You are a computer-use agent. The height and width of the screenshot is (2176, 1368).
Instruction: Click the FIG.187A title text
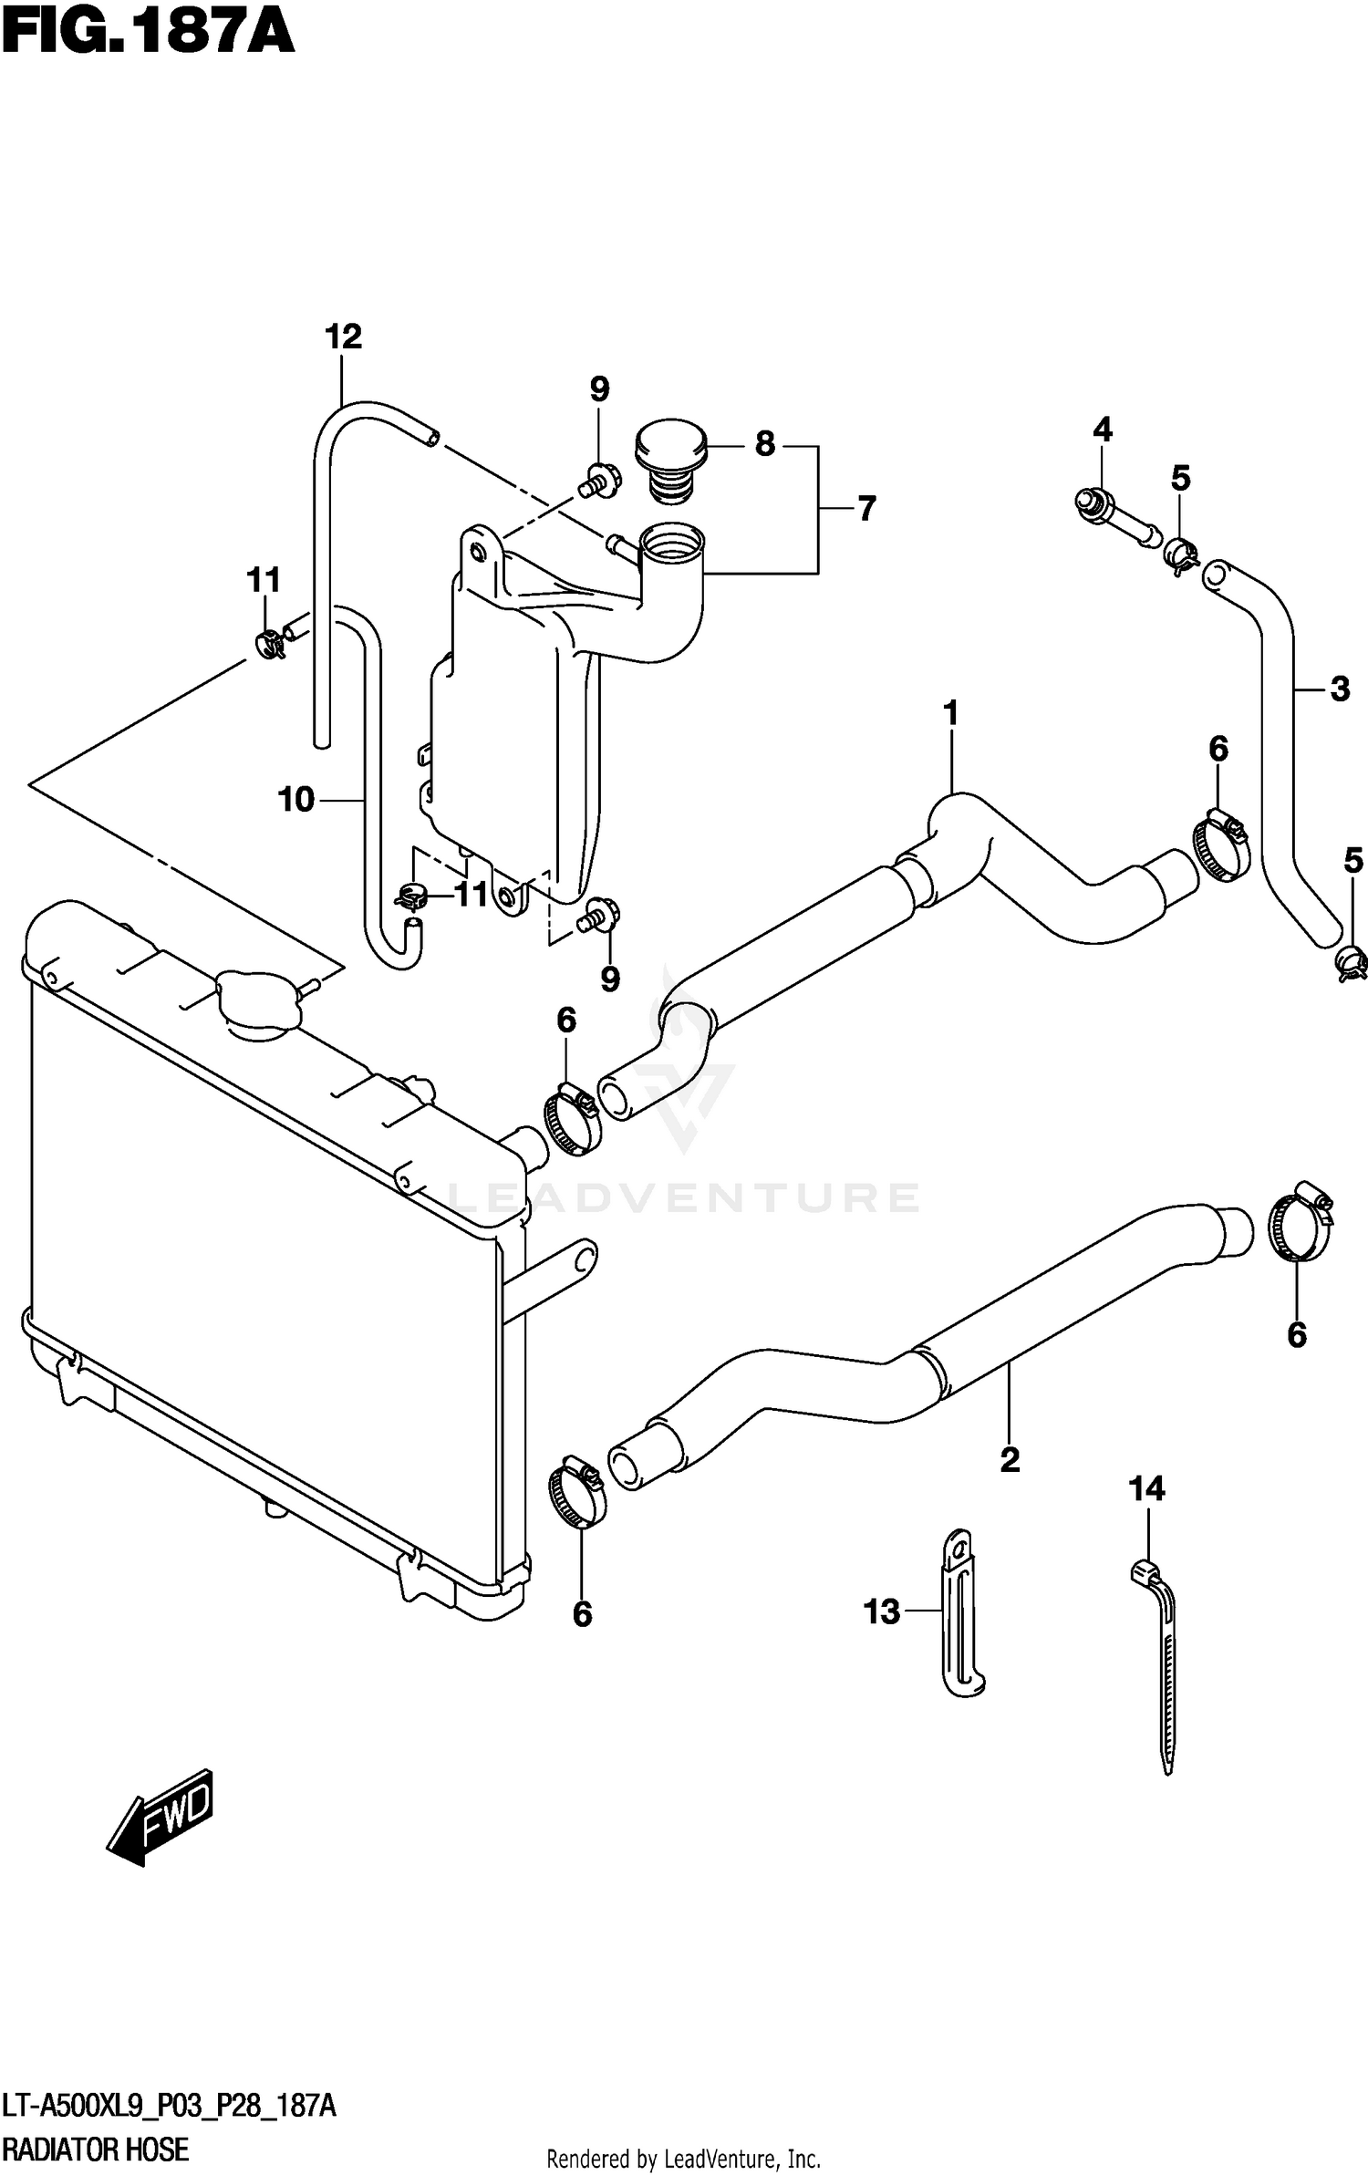148,34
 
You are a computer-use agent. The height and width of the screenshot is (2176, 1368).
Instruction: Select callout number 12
343,337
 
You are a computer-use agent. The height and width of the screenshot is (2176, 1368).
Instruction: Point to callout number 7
865,509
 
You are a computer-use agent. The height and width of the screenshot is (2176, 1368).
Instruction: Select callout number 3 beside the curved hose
1339,689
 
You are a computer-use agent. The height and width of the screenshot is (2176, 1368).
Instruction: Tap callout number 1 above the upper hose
950,713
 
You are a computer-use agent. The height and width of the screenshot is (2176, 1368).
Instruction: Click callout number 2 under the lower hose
1009,1460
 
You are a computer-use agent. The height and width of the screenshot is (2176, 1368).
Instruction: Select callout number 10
296,800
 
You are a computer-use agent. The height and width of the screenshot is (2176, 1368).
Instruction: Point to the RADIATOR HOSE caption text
95,2149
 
